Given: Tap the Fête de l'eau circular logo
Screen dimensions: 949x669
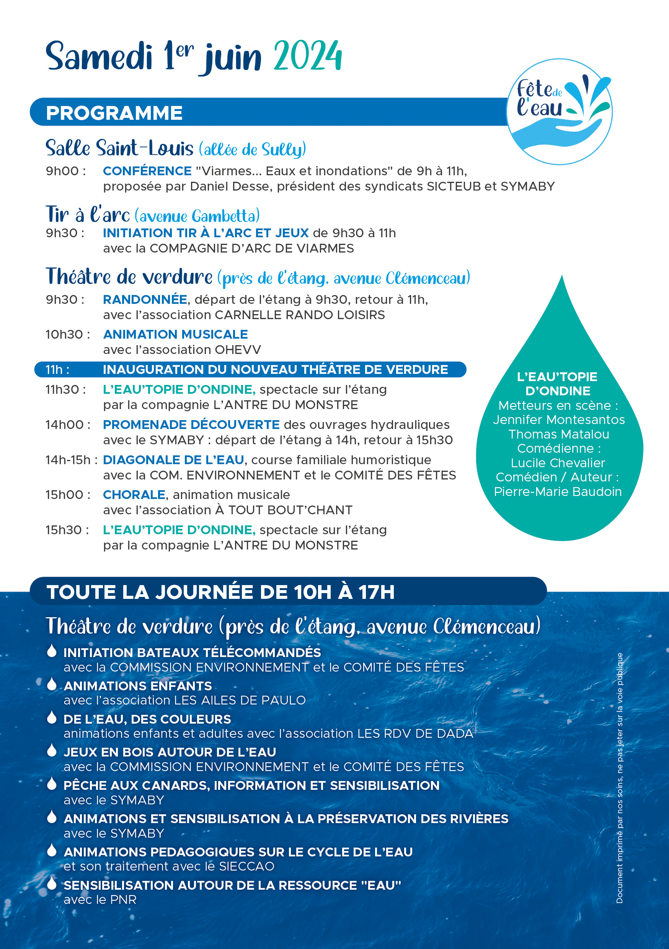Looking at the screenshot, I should pos(559,112).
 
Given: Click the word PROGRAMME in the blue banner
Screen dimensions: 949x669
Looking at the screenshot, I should pos(114,113).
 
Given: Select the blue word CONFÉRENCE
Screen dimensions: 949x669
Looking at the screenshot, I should pos(147,171).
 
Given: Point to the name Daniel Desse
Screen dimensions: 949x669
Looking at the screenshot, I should pos(230,186).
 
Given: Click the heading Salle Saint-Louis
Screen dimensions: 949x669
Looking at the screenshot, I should pos(119,148).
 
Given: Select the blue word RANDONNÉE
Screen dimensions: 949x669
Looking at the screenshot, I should pos(145,299).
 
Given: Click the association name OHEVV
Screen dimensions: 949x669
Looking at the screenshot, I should pos(238,350).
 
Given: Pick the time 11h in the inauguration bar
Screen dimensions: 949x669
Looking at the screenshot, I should pos(57,370).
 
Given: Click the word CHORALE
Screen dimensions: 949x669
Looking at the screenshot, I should pos(134,494).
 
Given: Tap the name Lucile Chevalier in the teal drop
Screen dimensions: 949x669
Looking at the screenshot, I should pos(558,463).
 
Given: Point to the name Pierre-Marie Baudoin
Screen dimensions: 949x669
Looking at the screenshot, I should pos(558,491).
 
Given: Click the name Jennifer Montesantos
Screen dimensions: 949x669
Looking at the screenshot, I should pos(559,419).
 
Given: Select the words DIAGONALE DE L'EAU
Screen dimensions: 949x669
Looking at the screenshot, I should pos(173,460).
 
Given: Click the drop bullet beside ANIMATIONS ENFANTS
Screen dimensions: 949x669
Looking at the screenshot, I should pos(52,684).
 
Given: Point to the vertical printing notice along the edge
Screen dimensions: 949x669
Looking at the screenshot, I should pos(619,777).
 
